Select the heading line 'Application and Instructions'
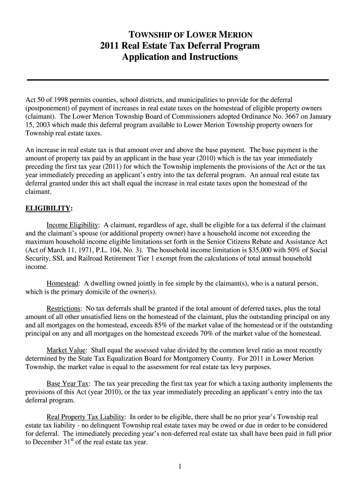[x=180, y=57]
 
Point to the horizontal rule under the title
[x=178, y=80]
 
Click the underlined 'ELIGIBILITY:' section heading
[x=49, y=208]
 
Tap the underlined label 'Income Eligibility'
[x=72, y=225]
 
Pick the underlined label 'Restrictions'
[x=64, y=309]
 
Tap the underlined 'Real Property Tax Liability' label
[x=86, y=416]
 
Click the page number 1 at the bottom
[x=180, y=466]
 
